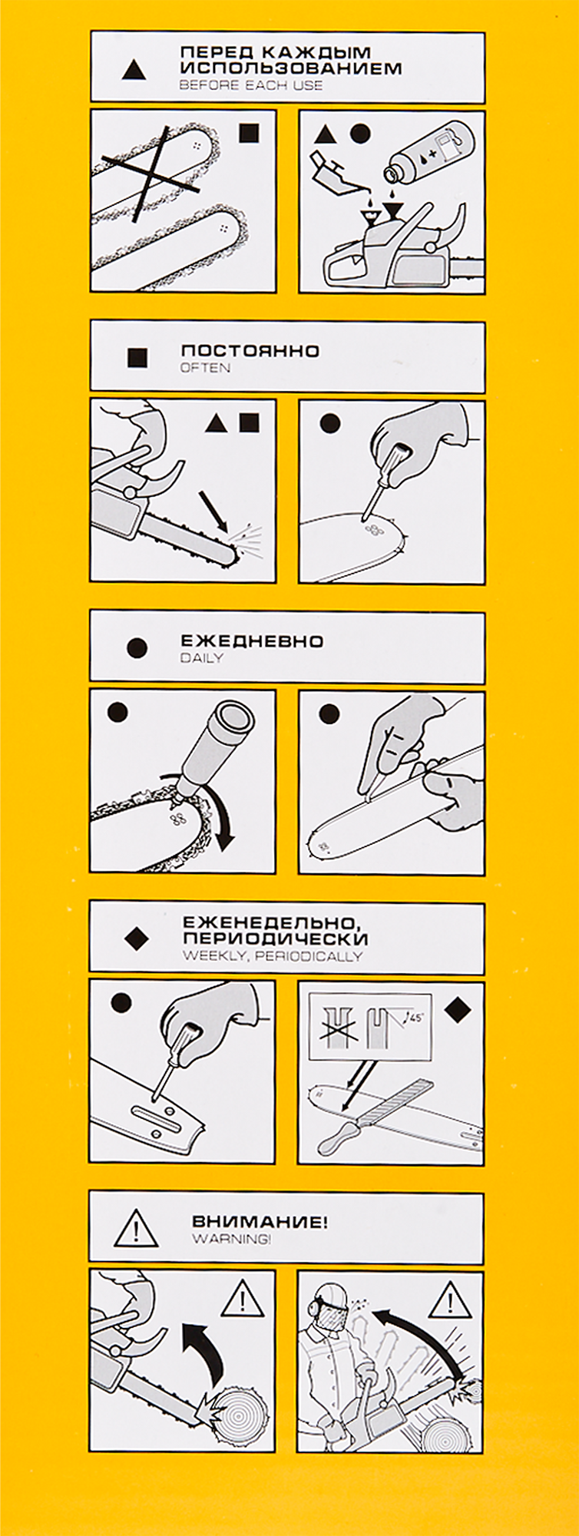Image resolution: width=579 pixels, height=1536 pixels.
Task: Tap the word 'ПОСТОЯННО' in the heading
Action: (x=250, y=350)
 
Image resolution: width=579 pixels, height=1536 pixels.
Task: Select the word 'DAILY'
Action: (x=201, y=657)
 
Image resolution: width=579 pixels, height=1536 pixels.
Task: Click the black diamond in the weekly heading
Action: (x=136, y=937)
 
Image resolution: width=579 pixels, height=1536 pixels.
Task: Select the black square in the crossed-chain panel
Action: (x=249, y=134)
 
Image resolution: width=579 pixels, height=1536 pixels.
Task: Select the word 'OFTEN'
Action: (x=205, y=368)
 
